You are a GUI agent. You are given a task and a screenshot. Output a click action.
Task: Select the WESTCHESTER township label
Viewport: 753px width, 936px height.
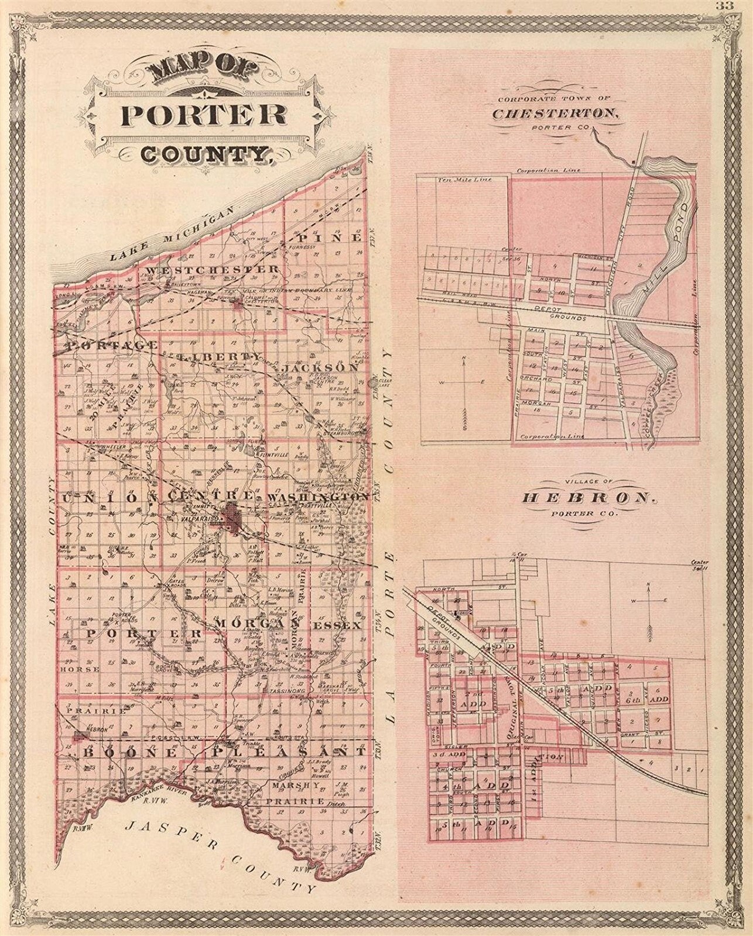click(x=213, y=270)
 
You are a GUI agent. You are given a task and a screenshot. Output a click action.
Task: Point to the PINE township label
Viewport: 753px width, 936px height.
click(x=330, y=238)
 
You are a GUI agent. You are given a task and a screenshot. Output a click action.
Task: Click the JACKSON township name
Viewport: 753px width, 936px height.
click(x=319, y=368)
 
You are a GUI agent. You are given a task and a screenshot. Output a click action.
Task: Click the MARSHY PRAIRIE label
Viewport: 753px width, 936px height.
click(x=300, y=793)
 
